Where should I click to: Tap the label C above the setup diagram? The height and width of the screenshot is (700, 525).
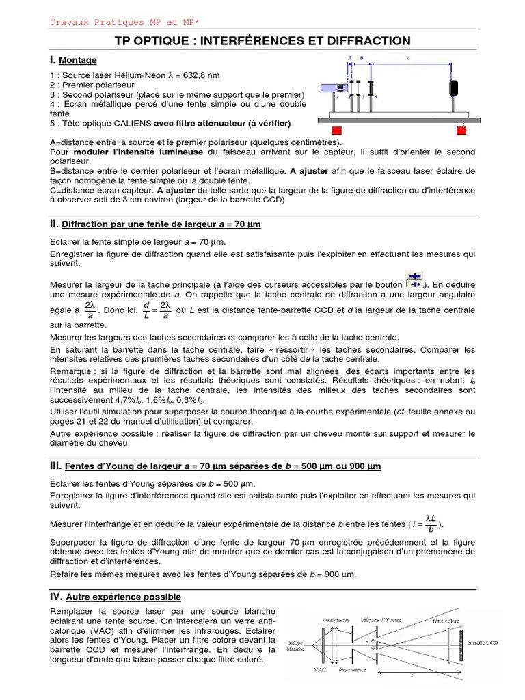tap(408, 59)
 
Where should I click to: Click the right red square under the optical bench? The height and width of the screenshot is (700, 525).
tap(461, 130)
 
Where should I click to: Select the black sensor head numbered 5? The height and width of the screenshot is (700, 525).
tap(453, 88)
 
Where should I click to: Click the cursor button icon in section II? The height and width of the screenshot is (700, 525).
tap(414, 280)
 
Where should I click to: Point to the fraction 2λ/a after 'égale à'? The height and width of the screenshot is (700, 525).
tap(90, 310)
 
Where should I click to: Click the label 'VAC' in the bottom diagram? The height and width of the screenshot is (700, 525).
tap(319, 671)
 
